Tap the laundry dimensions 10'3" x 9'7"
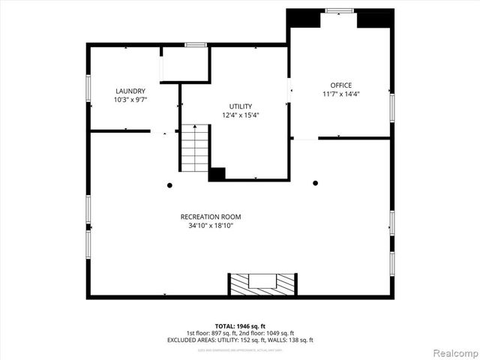coord(130,99)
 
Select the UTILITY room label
coord(240,106)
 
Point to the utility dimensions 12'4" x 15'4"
coord(240,115)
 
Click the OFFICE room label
coord(340,85)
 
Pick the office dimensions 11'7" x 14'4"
coord(340,94)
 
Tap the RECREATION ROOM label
coord(211,217)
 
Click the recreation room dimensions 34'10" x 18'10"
coord(211,226)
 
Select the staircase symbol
coord(195,148)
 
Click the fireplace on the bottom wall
coord(262,283)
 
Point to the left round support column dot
coord(170,184)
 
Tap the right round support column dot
coord(315,182)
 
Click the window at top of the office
coord(339,10)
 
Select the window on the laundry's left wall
coord(88,88)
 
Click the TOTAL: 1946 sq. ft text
coord(240,326)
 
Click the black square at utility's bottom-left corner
coord(217,174)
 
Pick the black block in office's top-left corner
coord(304,18)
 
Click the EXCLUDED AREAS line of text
coord(240,340)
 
